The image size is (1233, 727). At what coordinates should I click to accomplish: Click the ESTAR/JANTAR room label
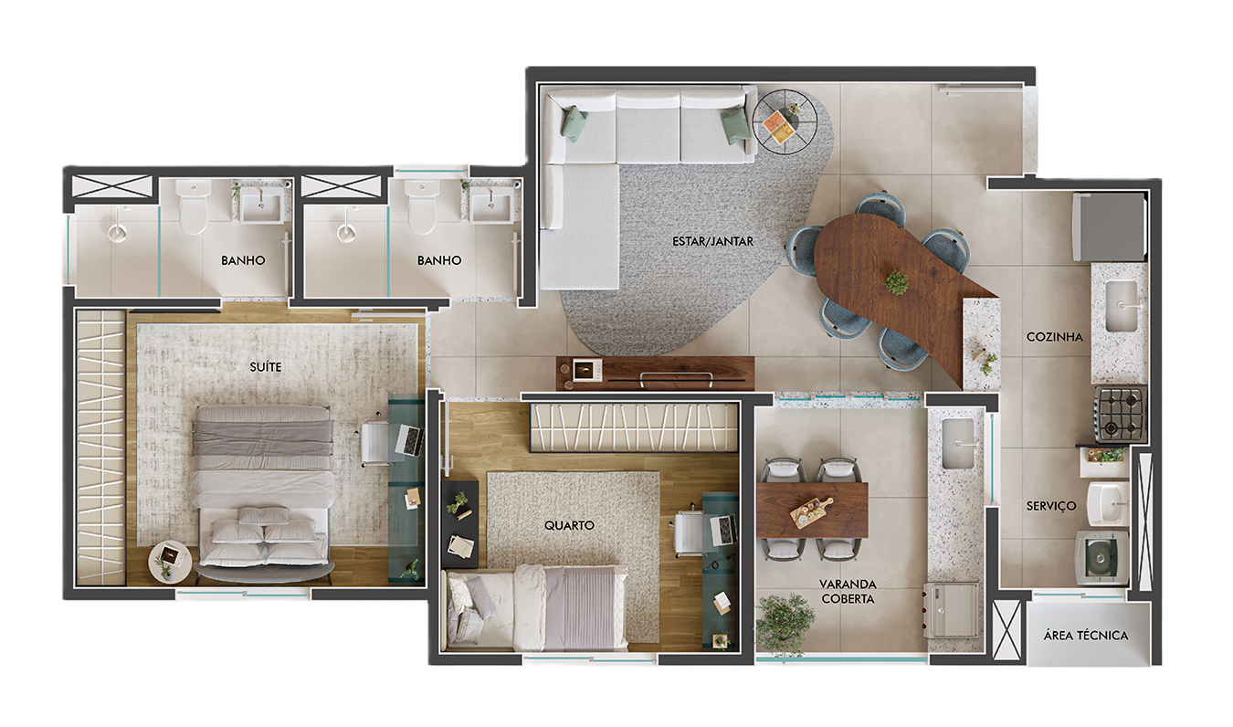click(x=712, y=241)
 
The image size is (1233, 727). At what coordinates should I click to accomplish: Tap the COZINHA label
click(x=1054, y=337)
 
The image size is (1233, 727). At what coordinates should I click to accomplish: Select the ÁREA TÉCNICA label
click(x=1085, y=635)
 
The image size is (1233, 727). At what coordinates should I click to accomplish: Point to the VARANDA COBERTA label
click(x=848, y=591)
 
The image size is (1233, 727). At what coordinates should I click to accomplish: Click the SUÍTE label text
click(x=265, y=366)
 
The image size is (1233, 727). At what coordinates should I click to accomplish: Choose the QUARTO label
click(x=569, y=525)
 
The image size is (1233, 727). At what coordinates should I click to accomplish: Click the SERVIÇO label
click(x=1051, y=505)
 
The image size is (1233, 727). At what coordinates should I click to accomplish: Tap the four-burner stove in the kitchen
click(x=1121, y=414)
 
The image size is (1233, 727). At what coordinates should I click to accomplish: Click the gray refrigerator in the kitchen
click(x=1109, y=227)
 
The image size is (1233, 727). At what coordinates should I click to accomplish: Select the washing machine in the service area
click(x=1101, y=558)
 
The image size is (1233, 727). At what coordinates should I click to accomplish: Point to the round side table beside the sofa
click(x=784, y=122)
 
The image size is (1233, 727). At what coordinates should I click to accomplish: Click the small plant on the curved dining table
click(x=897, y=281)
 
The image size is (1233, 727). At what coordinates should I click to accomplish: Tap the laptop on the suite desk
click(x=409, y=439)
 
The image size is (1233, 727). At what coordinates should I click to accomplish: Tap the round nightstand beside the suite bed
click(x=170, y=562)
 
